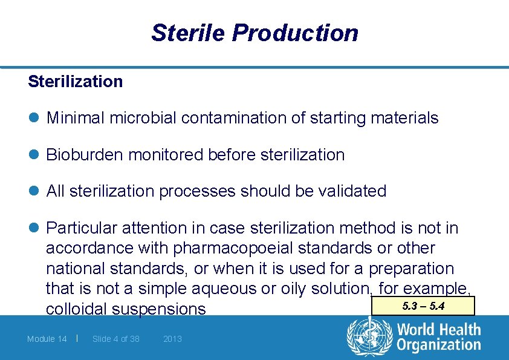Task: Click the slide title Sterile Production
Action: point(254,33)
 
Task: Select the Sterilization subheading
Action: point(75,81)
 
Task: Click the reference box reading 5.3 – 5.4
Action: point(423,306)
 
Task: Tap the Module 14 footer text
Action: point(47,339)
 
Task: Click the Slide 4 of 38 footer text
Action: point(116,339)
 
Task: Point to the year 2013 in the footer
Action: point(172,339)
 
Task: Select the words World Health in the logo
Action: point(439,330)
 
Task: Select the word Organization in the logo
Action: point(439,345)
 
